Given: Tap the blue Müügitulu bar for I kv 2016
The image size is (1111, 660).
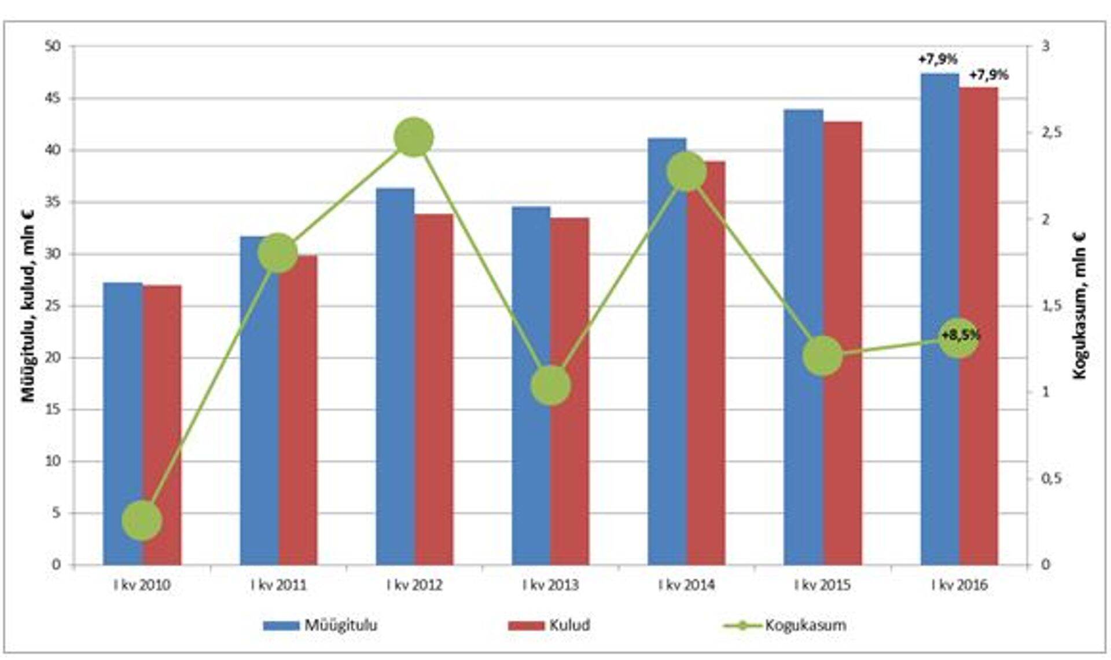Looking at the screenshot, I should coord(940,318).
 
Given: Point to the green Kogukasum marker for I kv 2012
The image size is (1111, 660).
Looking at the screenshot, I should coord(414,137).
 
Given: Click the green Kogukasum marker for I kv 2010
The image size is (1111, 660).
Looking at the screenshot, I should coord(142,520).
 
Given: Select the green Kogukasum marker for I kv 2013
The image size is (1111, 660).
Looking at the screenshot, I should coord(551,385).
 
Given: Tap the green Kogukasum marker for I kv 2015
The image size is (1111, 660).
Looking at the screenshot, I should coord(823,355).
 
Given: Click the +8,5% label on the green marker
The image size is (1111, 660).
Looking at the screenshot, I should coord(961,336).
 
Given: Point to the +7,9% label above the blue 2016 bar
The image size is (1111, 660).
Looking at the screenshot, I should coord(937,59).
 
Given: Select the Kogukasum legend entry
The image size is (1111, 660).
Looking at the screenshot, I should coord(785,625).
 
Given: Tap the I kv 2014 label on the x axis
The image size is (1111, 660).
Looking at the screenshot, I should coord(686,585).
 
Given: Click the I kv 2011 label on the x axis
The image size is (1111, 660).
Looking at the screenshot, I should coord(278,585).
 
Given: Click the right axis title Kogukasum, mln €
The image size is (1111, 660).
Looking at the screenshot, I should coord(1080,305).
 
